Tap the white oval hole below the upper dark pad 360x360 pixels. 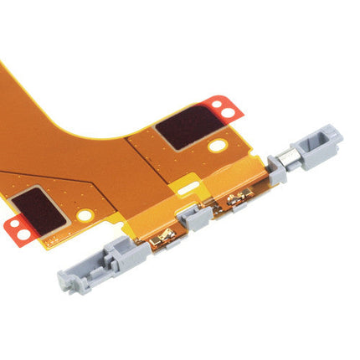coord(218,147)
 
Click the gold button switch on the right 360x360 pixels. coord(236,201)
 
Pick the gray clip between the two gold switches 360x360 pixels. coord(200,219)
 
